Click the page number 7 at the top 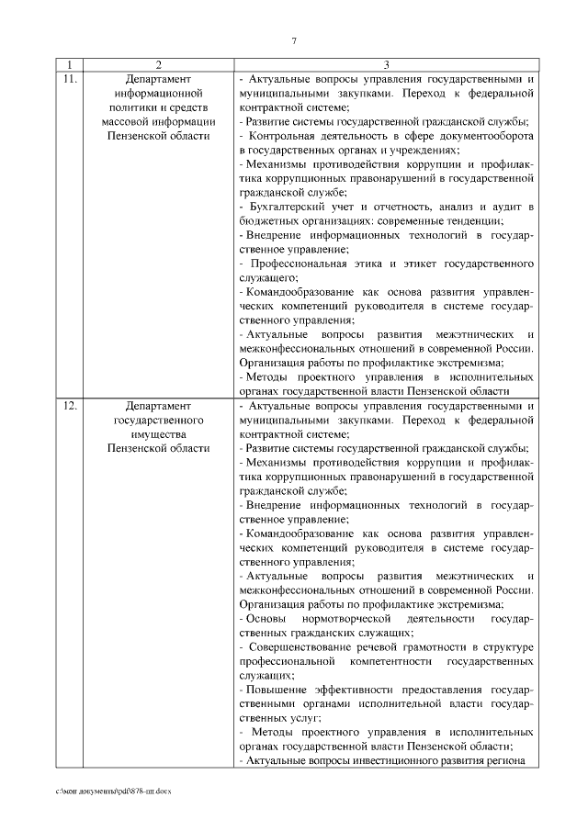pos(294,40)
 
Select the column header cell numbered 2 pos(159,65)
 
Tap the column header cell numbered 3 pos(386,65)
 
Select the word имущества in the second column pos(159,433)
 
